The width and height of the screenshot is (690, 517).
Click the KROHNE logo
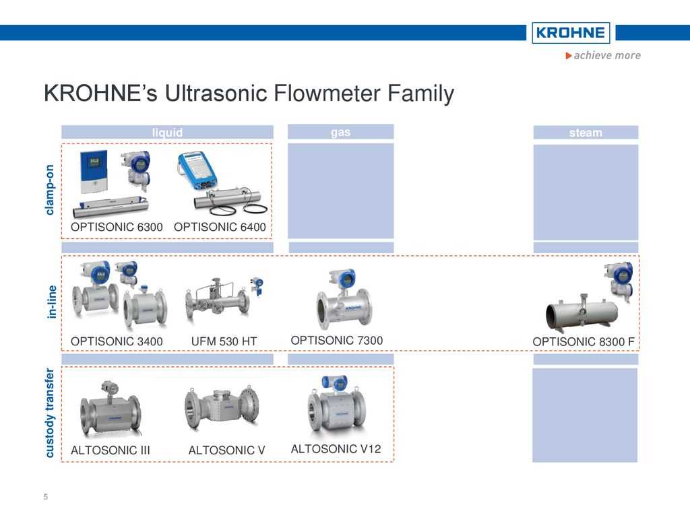click(x=570, y=32)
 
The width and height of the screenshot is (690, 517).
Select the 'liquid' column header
click(x=167, y=133)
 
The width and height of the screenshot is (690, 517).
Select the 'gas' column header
click(x=340, y=132)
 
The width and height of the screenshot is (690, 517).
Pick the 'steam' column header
click(x=586, y=133)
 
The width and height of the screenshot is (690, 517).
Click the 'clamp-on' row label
click(x=49, y=190)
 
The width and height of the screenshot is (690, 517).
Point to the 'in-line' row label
click(x=51, y=302)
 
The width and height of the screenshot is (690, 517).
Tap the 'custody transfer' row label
click(x=49, y=413)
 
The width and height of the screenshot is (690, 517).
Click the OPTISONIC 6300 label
click(x=117, y=228)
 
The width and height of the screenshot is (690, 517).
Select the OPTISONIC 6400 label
click(x=220, y=228)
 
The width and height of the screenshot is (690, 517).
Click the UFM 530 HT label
click(x=224, y=342)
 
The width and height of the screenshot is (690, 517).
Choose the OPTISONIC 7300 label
click(x=336, y=341)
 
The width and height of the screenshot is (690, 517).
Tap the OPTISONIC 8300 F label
click(x=583, y=342)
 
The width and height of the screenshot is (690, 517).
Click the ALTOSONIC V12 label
click(x=336, y=449)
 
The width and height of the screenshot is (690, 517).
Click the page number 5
click(x=46, y=497)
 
